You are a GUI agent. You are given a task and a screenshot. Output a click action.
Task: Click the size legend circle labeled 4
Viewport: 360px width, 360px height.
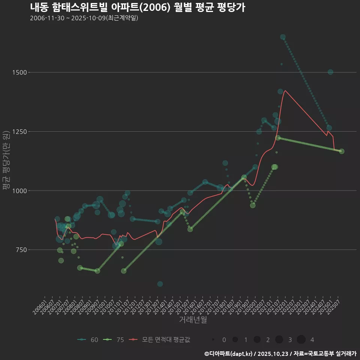point(301,340)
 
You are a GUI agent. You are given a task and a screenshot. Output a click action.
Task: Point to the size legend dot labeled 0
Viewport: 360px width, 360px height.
point(213,340)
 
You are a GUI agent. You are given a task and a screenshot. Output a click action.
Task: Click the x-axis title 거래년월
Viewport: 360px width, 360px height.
point(193,320)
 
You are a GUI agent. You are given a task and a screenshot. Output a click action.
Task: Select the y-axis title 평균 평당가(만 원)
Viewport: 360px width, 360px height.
point(6,161)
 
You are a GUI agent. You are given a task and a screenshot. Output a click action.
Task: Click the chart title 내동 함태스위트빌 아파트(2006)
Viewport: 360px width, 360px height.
point(137,7)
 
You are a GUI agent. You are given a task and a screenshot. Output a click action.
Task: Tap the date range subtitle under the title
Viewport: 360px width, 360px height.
point(84,18)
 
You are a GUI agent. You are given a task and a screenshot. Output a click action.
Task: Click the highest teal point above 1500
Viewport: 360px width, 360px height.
point(283,37)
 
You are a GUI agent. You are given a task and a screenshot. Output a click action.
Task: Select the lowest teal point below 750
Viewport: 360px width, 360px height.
point(160,284)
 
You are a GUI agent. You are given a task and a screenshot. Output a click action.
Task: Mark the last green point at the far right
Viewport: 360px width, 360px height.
point(342,151)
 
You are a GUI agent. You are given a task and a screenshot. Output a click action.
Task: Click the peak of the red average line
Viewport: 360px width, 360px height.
point(285,90)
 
